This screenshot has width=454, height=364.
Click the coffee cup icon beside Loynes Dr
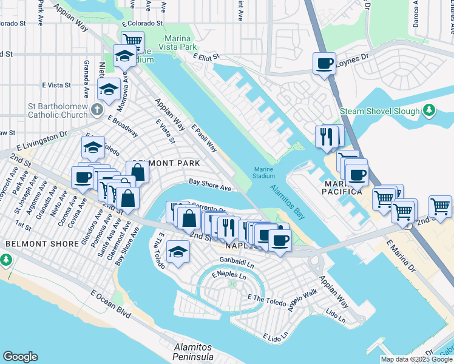click(x=324, y=63)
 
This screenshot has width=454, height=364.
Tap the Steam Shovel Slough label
click(x=379, y=112)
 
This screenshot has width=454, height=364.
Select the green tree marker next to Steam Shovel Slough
click(x=429, y=110)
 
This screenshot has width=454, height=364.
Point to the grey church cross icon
click(x=96, y=110)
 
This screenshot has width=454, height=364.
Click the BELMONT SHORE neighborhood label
click(x=42, y=243)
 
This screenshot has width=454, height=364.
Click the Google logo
click(x=20, y=357)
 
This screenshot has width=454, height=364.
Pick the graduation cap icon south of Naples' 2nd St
click(x=177, y=251)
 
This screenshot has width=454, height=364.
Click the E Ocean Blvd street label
click(x=111, y=303)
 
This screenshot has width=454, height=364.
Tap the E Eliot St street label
click(x=205, y=56)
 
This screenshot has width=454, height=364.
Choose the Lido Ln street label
click(x=335, y=315)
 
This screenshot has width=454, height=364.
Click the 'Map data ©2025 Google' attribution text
click(x=416, y=359)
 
